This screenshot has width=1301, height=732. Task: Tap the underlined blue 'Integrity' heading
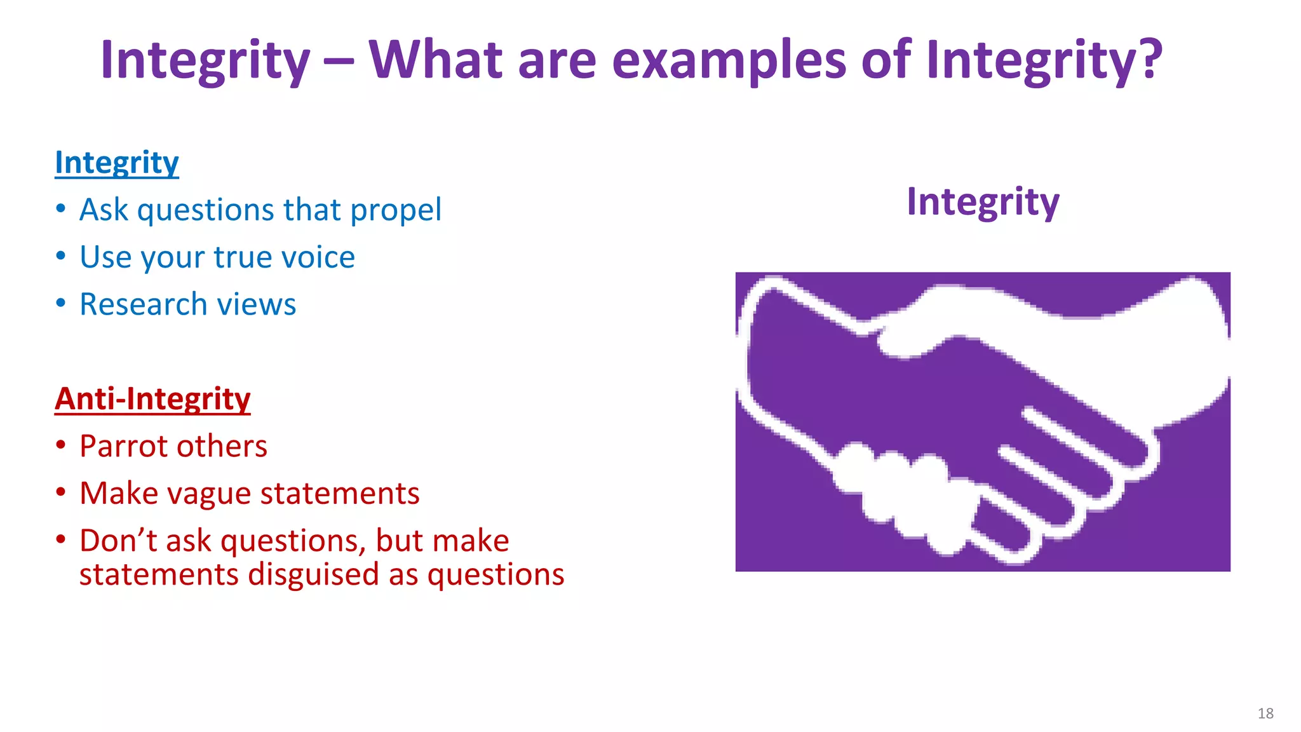117,163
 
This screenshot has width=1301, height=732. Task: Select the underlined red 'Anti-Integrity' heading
152,399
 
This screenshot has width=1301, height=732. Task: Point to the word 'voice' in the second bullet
318,257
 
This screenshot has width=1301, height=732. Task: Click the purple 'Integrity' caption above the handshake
982,202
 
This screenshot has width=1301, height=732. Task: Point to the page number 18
1265,714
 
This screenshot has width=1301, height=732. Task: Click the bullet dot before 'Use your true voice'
60,256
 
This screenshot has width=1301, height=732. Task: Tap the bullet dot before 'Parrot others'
60,445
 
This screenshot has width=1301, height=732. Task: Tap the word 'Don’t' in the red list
118,541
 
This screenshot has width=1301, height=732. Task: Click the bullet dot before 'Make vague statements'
60,492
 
